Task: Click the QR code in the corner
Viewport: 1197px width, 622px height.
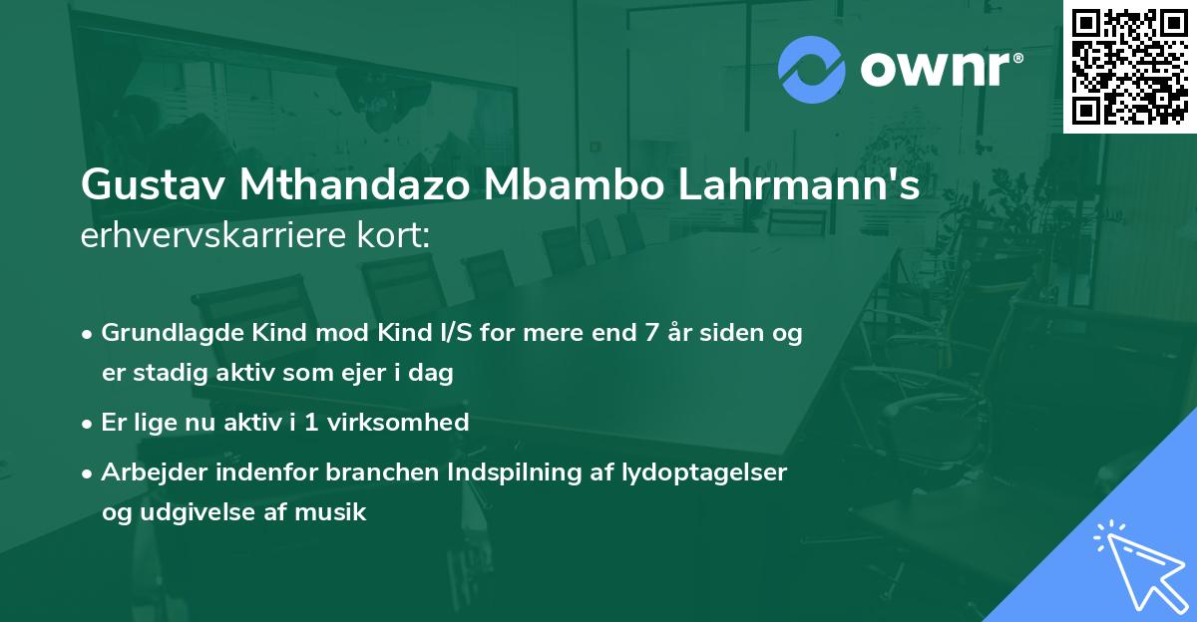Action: coord(1130,66)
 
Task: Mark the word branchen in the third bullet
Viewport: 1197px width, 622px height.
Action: coord(368,472)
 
